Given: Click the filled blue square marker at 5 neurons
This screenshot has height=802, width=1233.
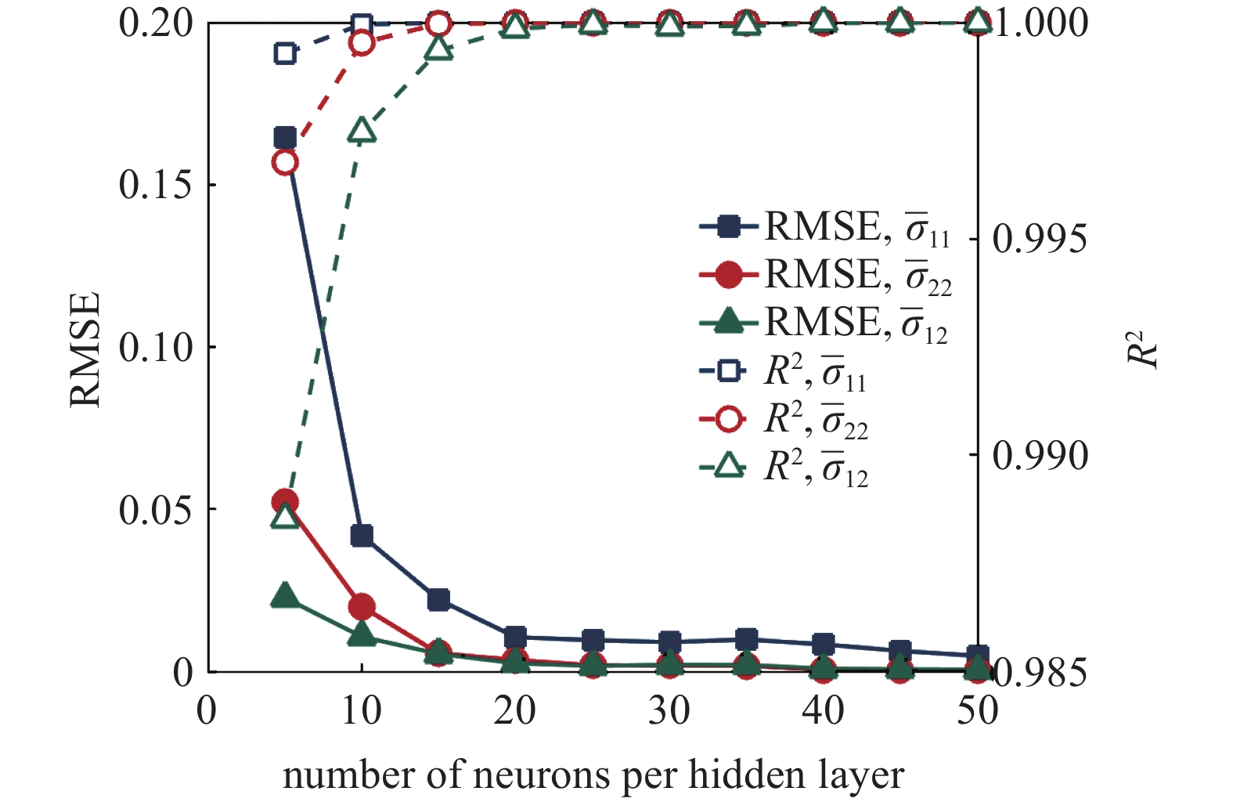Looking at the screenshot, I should [x=285, y=138].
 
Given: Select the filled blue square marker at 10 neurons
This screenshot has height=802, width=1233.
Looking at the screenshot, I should [x=362, y=536].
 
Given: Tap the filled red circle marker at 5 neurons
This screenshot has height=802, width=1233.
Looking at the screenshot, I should [x=285, y=501].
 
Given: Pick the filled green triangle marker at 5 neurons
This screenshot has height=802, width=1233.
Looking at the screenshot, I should [x=285, y=596].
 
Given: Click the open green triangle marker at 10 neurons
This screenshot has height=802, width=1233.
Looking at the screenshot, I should [x=362, y=131].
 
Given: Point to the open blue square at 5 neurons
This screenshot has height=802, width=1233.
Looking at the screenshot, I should [x=285, y=54].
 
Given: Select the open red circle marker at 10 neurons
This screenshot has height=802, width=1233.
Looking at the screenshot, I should [x=362, y=42].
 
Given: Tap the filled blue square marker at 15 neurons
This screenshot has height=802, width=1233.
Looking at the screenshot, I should [x=438, y=600].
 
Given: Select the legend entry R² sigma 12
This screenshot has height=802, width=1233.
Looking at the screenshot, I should [x=783, y=468].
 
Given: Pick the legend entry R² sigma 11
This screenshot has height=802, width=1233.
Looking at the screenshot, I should [x=783, y=372].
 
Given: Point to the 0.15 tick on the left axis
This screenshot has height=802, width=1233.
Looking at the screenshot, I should [x=156, y=186].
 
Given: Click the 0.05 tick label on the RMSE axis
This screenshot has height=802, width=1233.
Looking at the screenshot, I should [x=156, y=510].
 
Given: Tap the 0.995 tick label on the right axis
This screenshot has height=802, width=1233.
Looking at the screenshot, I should [x=1040, y=239].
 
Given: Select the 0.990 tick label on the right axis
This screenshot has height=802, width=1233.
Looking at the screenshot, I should [x=1040, y=455].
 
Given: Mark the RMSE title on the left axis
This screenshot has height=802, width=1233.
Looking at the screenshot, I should [x=85, y=349].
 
